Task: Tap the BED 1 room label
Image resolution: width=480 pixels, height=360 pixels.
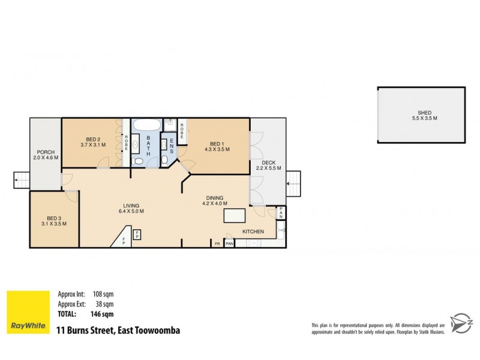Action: coord(217,143)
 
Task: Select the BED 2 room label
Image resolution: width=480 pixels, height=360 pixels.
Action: coord(92,139)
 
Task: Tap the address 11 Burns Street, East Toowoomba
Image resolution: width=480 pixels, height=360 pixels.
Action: coord(118,331)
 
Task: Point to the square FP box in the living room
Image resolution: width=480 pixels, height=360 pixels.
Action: coord(137,234)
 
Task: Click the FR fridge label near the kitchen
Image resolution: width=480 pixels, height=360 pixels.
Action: coord(217,244)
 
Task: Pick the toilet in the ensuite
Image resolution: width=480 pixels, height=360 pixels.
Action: coord(164,160)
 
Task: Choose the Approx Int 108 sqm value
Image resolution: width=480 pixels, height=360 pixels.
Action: coord(103,295)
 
